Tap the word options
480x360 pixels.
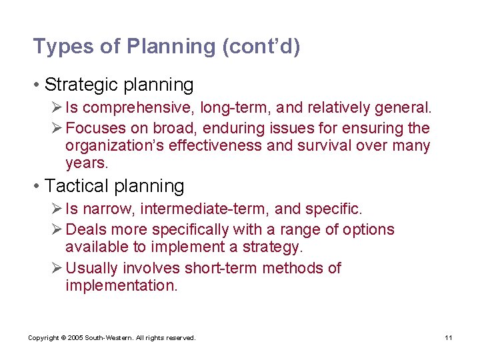click(x=368, y=230)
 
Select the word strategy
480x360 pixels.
click(x=274, y=247)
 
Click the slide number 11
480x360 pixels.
click(x=449, y=338)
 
